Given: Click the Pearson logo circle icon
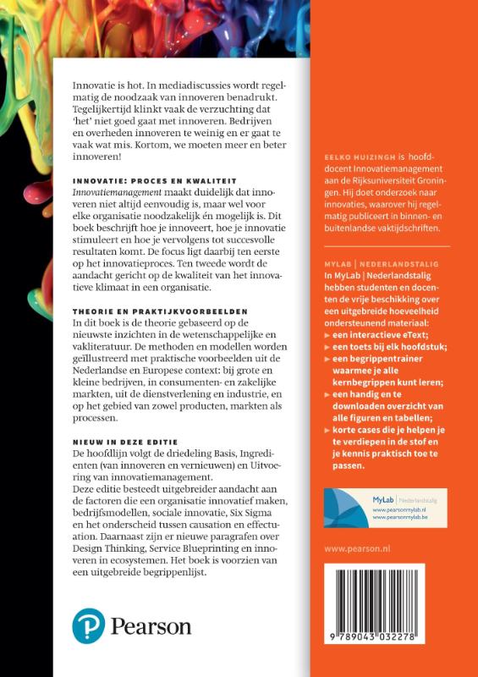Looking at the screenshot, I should [x=88, y=626].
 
